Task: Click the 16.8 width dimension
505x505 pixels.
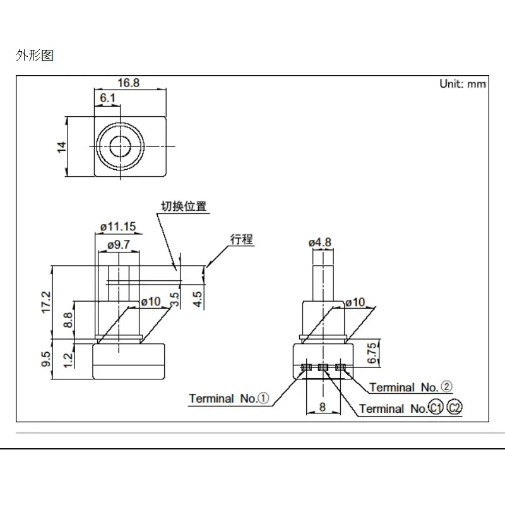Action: point(128,83)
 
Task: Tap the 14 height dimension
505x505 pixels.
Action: point(61,146)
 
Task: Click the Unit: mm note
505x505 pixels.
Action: point(462,84)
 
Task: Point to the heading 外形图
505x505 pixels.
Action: point(35,56)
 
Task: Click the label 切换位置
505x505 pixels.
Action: point(183,206)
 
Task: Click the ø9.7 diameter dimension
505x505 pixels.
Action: point(119,244)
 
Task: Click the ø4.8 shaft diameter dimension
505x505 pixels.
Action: point(321,242)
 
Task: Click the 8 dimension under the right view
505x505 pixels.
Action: point(322,407)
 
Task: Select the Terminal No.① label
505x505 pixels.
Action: point(229,398)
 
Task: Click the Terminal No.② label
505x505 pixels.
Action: point(411,387)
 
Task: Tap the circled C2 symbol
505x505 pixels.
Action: point(454,408)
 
